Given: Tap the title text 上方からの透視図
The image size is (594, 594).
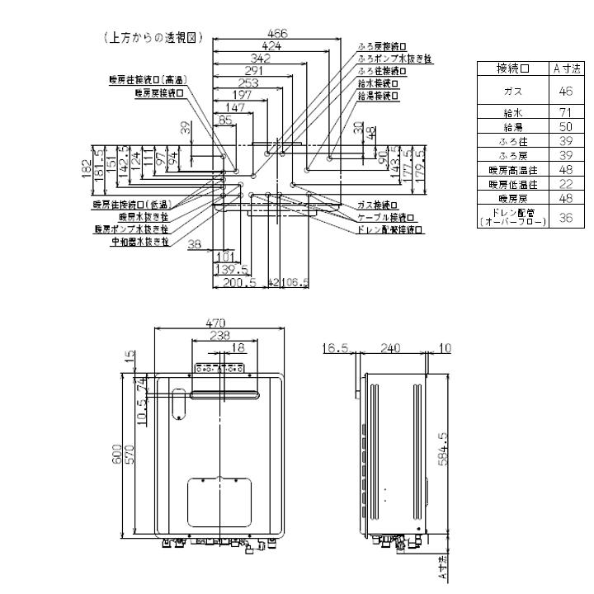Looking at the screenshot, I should (154, 38).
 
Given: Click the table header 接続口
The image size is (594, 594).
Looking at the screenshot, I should (512, 68).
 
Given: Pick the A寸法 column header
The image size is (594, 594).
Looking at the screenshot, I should (566, 68).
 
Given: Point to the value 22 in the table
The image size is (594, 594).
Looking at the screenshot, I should (566, 183).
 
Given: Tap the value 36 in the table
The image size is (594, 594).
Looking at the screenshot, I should (566, 218).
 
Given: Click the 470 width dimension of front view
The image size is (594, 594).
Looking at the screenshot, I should (217, 323).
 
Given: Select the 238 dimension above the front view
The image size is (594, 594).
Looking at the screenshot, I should (219, 336).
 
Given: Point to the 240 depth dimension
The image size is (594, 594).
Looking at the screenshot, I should (392, 349).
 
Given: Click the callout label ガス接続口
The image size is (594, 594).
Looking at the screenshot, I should (378, 204).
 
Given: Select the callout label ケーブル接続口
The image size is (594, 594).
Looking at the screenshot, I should (385, 217).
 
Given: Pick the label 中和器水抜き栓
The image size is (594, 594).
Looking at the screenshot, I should (139, 242).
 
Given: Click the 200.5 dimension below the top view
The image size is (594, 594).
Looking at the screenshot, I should (238, 283).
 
